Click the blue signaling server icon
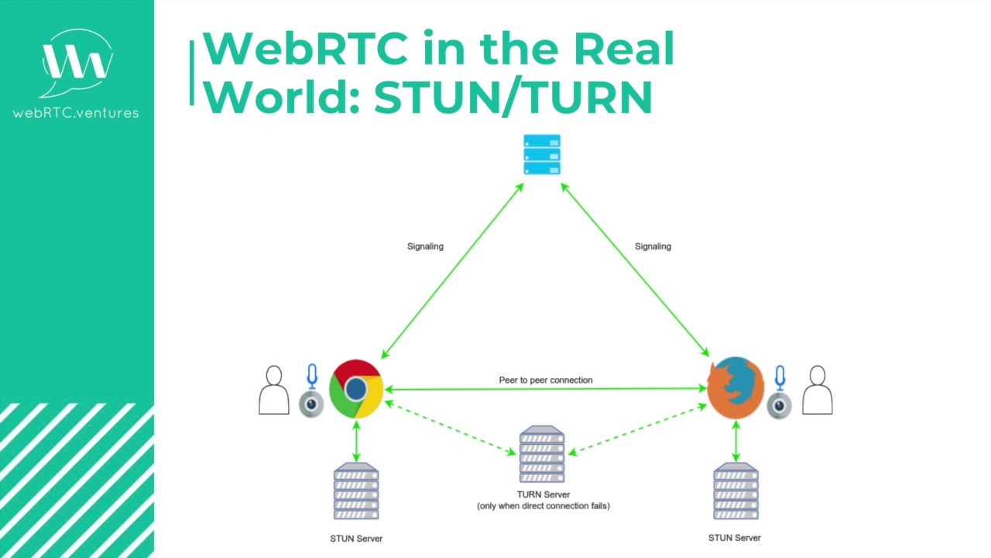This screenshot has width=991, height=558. (x=542, y=155)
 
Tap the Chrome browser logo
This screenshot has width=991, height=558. (x=356, y=389)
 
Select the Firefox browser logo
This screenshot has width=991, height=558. (x=735, y=387)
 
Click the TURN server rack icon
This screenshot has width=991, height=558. (x=542, y=454)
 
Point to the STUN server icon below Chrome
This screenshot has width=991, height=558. (x=356, y=491)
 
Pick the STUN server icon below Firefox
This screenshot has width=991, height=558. (x=736, y=491)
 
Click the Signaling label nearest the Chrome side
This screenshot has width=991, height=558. (x=425, y=246)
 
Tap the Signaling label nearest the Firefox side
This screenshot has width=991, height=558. (x=653, y=246)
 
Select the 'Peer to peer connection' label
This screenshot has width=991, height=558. (x=546, y=380)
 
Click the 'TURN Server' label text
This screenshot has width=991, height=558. (x=544, y=494)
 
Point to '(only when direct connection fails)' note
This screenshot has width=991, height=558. (x=544, y=506)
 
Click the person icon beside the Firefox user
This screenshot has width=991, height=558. (x=817, y=391)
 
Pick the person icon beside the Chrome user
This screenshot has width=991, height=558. (x=273, y=391)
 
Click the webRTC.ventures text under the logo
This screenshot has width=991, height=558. (x=76, y=113)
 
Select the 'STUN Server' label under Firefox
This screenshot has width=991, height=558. (x=735, y=538)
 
